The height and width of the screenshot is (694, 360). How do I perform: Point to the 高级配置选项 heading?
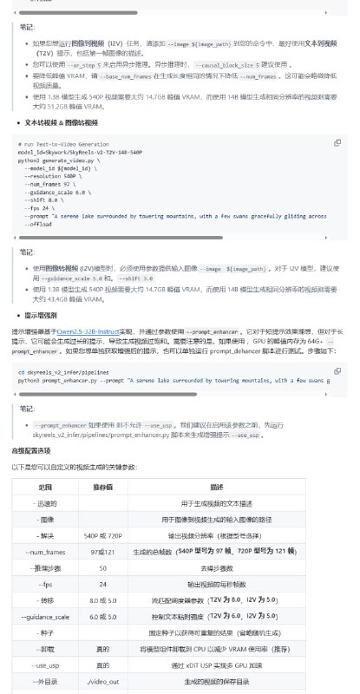[35, 452]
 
